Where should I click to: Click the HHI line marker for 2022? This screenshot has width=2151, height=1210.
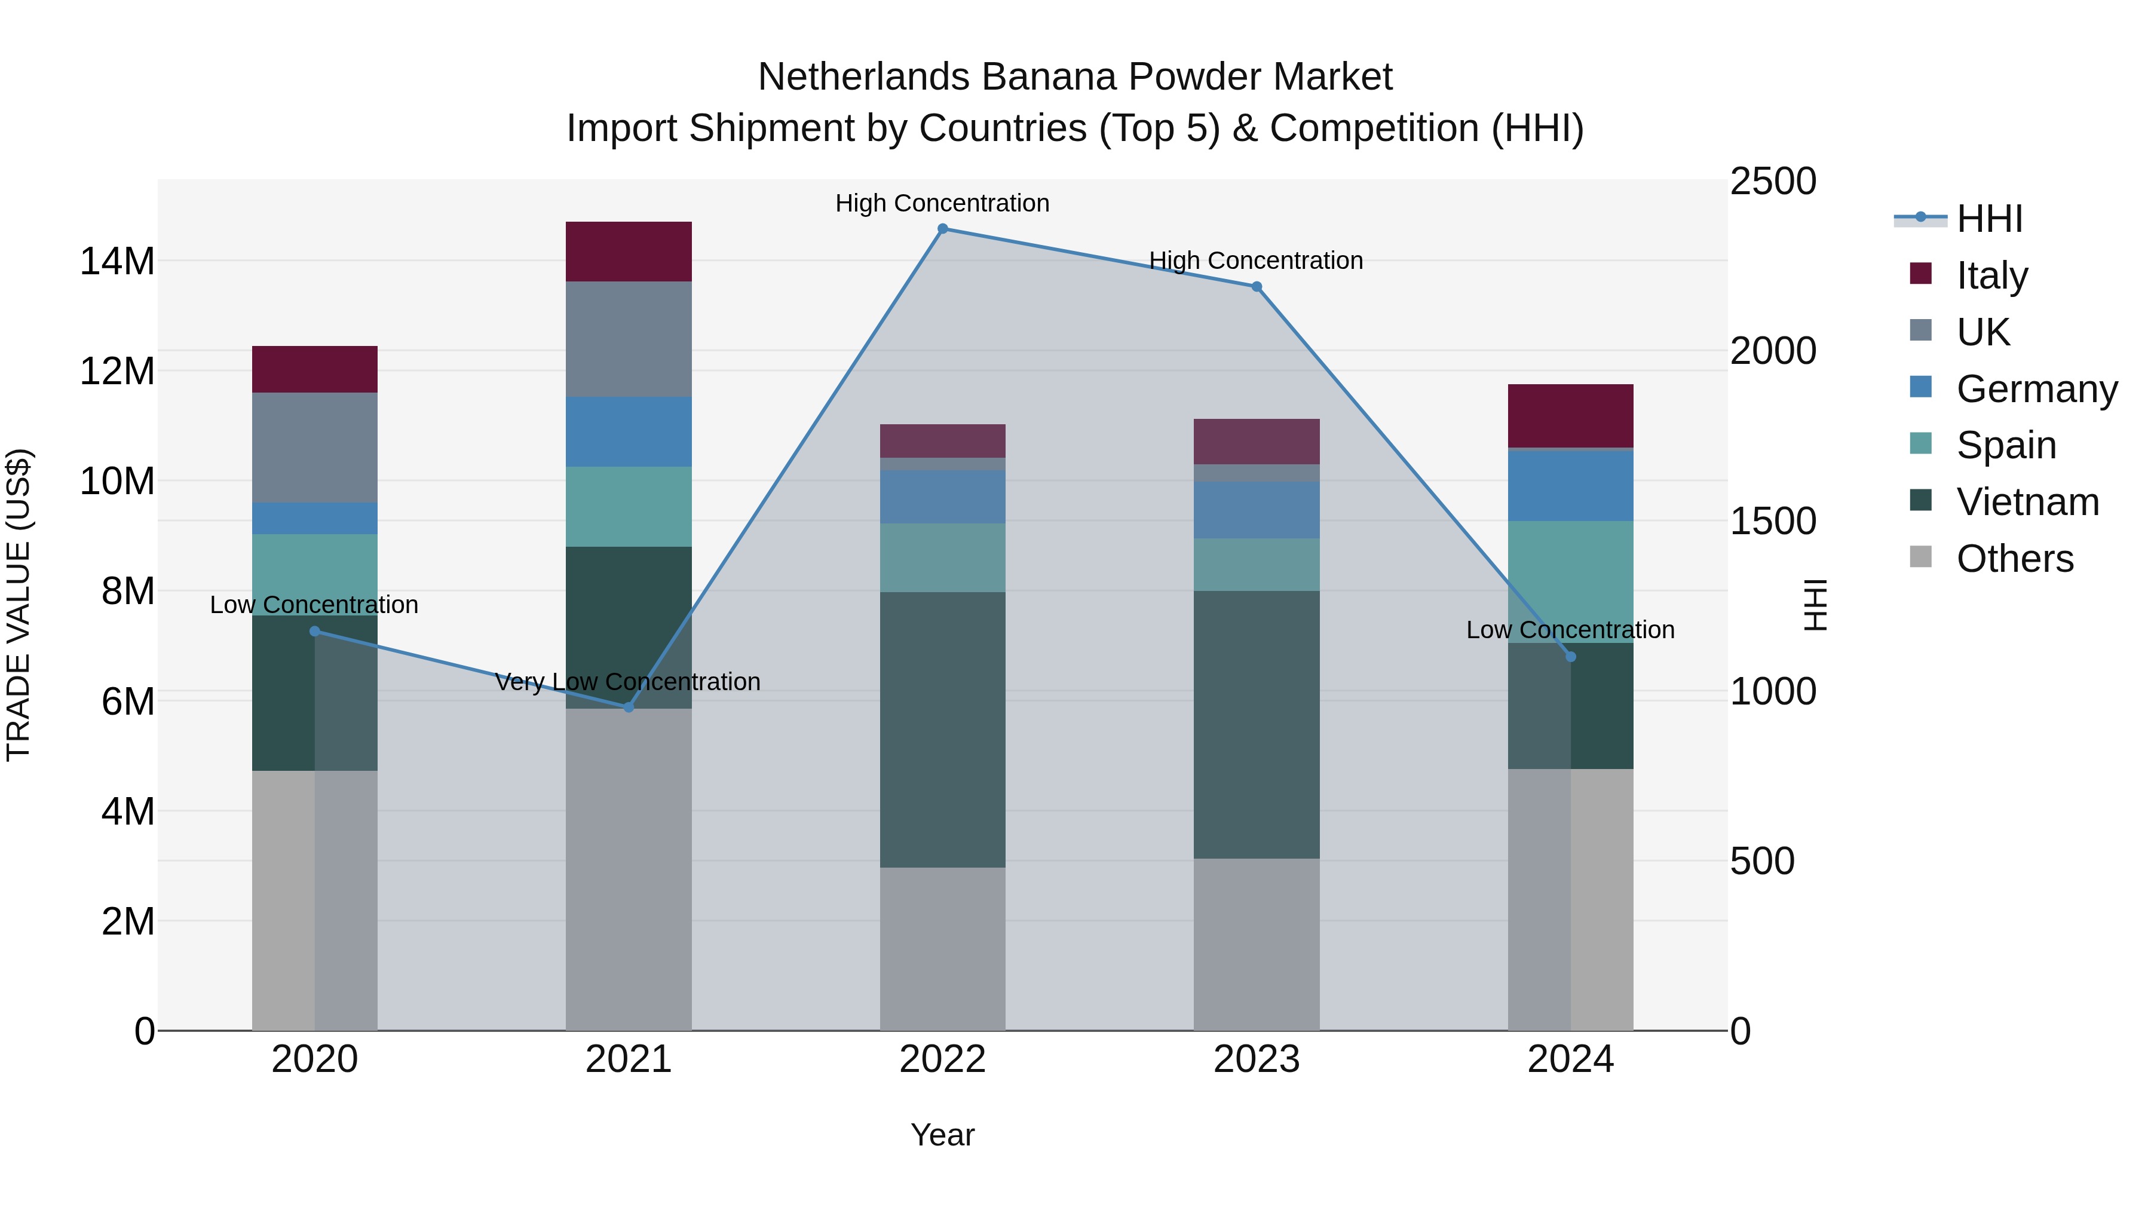pyautogui.click(x=943, y=229)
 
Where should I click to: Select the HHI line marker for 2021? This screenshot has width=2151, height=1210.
pyautogui.click(x=629, y=707)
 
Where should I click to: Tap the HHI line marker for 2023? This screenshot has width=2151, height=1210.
pyautogui.click(x=1256, y=286)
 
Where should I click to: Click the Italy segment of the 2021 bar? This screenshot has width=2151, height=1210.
pyautogui.click(x=629, y=252)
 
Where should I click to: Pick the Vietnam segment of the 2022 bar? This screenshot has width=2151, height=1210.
pyautogui.click(x=943, y=730)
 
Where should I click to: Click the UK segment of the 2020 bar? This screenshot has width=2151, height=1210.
pyautogui.click(x=315, y=448)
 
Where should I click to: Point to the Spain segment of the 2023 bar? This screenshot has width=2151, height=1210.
pyautogui.click(x=1256, y=565)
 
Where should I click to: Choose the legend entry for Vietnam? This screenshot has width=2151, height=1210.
pyautogui.click(x=2027, y=502)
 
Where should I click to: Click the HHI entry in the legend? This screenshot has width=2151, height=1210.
pyautogui.click(x=1989, y=219)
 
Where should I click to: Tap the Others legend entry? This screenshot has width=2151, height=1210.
pyautogui.click(x=2014, y=559)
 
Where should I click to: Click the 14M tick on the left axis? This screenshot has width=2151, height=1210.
pyautogui.click(x=117, y=261)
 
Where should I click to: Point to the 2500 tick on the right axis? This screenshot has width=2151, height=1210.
pyautogui.click(x=1772, y=181)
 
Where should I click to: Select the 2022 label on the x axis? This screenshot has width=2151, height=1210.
pyautogui.click(x=943, y=1059)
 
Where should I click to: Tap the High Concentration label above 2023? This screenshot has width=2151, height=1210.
pyautogui.click(x=1256, y=261)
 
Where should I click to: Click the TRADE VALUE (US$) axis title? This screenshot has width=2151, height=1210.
pyautogui.click(x=19, y=605)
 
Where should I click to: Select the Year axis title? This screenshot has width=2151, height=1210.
pyautogui.click(x=943, y=1135)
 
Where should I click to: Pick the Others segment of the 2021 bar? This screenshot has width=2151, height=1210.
pyautogui.click(x=629, y=868)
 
